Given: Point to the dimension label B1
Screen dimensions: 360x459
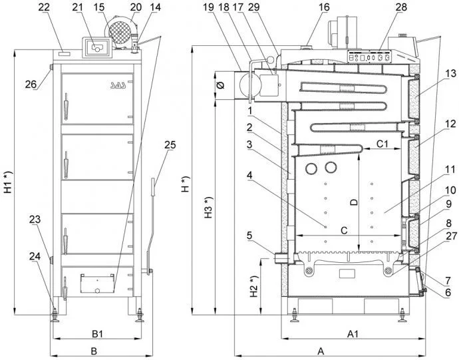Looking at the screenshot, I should pos(96,333).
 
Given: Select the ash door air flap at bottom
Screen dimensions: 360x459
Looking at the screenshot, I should pos(94,283).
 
